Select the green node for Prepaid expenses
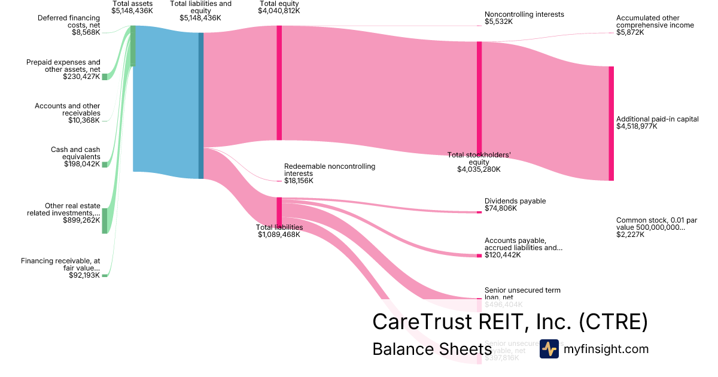point(104,77)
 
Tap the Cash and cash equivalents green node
point(104,165)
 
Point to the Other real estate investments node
point(104,221)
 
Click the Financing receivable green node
point(104,275)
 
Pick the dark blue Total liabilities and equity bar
point(201,105)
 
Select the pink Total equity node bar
point(279,83)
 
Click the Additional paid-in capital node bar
point(611,123)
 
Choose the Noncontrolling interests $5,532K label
point(499,22)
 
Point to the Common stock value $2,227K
point(630,235)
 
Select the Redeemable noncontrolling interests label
point(330,169)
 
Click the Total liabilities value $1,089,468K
point(279,235)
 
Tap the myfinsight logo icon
point(549,349)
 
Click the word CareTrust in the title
point(418,321)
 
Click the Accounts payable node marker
point(479,256)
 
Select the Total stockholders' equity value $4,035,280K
point(479,169)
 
